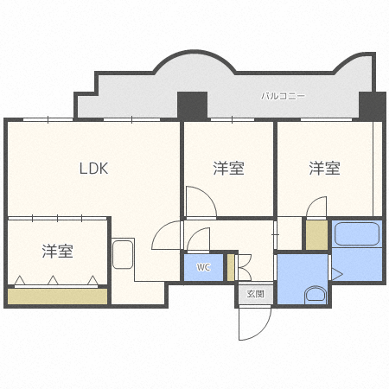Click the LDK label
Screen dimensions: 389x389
93,169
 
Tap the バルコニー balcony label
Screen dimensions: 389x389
284,96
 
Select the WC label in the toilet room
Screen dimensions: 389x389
203,267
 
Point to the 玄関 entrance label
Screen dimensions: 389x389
255,294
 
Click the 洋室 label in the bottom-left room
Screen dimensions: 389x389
58,252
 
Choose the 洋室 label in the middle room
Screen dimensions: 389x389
228,169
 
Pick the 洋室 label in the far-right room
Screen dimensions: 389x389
324,168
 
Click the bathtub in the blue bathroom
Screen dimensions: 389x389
356,235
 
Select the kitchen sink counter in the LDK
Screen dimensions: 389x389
123,256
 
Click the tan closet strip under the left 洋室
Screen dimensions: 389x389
57,297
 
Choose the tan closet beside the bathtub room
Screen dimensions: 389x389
316,236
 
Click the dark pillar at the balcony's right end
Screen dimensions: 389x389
372,105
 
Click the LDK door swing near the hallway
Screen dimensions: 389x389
166,235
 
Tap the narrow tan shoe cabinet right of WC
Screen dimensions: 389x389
231,267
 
